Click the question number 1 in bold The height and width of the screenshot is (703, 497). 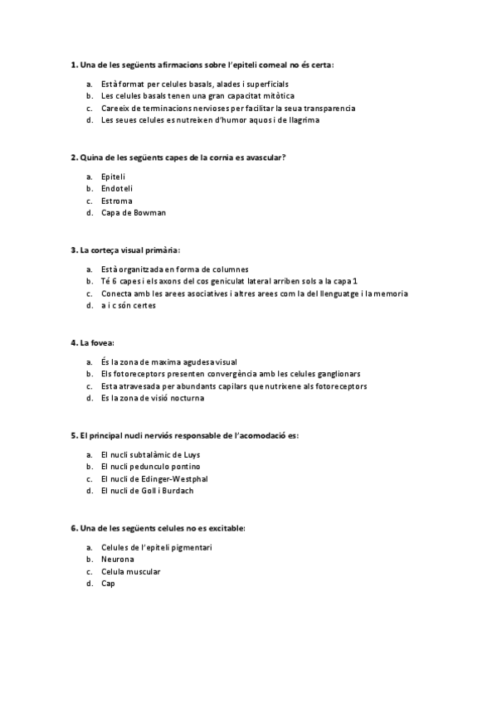[74, 64]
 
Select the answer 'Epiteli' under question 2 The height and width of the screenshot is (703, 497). [113, 177]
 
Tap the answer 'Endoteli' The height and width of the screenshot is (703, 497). [116, 188]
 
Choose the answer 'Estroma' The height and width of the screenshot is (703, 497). [116, 201]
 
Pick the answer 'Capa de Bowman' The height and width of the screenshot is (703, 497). [133, 212]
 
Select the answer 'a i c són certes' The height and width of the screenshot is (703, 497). [128, 305]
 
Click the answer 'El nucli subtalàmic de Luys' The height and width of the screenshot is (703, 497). [150, 454]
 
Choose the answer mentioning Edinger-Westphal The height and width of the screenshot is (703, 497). [153, 478]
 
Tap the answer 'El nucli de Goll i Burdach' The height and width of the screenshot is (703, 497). [146, 491]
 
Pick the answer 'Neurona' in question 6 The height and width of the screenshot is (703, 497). [117, 560]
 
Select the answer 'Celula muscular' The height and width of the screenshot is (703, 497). [130, 572]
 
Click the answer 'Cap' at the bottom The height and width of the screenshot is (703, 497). [108, 584]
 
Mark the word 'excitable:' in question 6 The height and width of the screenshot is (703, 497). [225, 528]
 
